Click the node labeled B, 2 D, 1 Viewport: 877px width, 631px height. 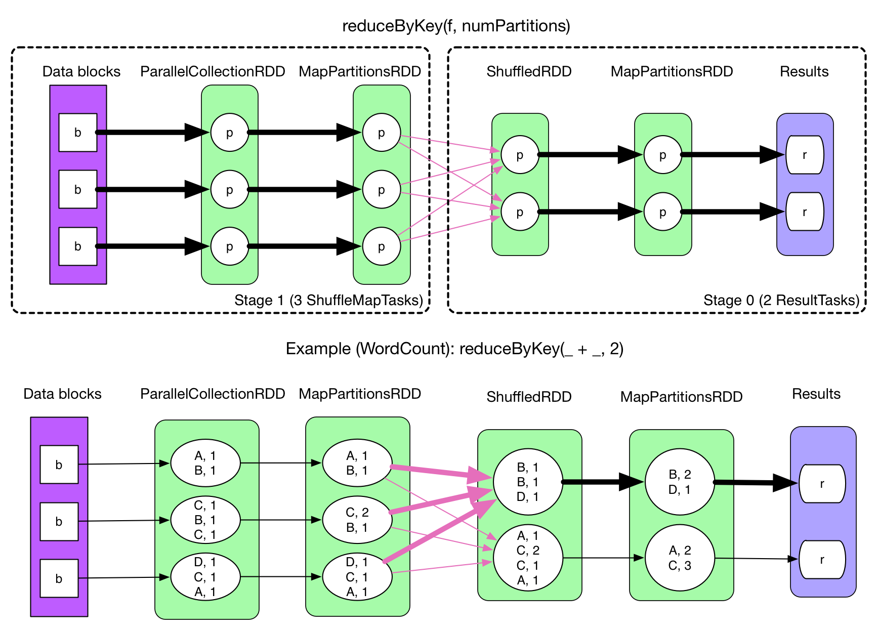[x=680, y=482]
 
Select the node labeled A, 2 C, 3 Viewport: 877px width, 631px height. [x=680, y=558]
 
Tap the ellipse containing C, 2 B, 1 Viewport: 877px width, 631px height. [x=357, y=520]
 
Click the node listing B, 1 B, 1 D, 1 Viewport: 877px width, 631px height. [x=528, y=482]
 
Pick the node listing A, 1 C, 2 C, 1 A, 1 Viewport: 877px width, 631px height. [x=528, y=558]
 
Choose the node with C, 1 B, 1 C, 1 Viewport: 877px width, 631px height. [x=205, y=520]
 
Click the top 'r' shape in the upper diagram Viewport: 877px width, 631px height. [x=805, y=155]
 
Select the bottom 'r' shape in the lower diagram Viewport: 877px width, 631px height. [x=822, y=560]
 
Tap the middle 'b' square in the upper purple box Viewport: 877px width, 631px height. [x=78, y=189]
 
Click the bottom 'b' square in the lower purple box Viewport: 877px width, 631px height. [x=59, y=578]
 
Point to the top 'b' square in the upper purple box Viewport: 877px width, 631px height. [x=78, y=133]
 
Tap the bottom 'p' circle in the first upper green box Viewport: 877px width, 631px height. [x=230, y=246]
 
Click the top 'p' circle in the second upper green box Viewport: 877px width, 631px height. [x=382, y=133]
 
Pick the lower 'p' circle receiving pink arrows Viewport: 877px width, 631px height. [x=520, y=212]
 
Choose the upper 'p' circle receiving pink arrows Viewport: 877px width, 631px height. [x=520, y=155]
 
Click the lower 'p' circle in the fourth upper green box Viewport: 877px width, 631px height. [x=662, y=212]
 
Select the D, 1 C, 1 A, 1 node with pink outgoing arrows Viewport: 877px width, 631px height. [x=357, y=576]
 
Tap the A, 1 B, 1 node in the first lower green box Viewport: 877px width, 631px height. [x=205, y=462]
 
